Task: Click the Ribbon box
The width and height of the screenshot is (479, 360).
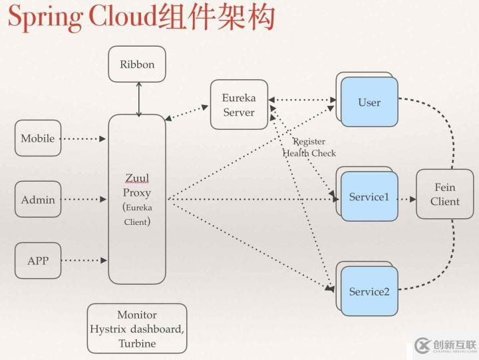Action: tap(137, 65)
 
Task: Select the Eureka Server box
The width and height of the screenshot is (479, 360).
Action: tap(239, 105)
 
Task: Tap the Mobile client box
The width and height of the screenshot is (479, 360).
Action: tap(38, 138)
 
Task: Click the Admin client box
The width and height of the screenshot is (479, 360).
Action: tap(38, 200)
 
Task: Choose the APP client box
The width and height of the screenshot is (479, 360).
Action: tap(38, 261)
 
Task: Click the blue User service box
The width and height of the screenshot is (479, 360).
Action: tap(369, 102)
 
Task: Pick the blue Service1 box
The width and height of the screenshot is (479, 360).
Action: tap(369, 197)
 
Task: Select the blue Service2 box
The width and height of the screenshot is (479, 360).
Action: tap(369, 291)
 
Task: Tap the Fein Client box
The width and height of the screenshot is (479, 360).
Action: tap(444, 194)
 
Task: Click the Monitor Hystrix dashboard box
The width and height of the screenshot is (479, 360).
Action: tap(137, 329)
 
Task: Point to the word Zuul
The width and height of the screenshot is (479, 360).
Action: tap(137, 178)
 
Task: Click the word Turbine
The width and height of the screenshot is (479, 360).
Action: tap(137, 343)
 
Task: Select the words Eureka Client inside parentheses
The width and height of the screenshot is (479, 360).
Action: tap(137, 214)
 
